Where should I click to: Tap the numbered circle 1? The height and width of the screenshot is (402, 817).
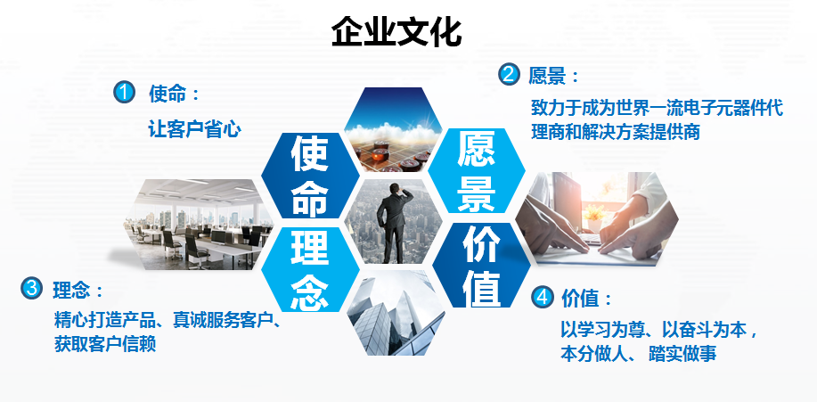pyautogui.click(x=124, y=92)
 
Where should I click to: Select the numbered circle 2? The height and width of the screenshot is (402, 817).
pyautogui.click(x=509, y=74)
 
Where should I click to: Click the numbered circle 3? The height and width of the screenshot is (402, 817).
pyautogui.click(x=31, y=287)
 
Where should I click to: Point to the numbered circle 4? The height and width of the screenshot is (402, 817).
pyautogui.click(x=542, y=296)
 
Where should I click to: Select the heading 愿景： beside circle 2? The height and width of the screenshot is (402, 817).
pyautogui.click(x=553, y=75)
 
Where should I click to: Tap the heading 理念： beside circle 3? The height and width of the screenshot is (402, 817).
pyautogui.click(x=78, y=290)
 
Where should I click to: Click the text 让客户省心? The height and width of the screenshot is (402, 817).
pyautogui.click(x=195, y=128)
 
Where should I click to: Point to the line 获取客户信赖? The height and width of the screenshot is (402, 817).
pyautogui.click(x=105, y=343)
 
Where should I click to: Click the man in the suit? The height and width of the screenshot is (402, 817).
pyautogui.click(x=393, y=224)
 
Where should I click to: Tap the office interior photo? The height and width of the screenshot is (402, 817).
pyautogui.click(x=200, y=223)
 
